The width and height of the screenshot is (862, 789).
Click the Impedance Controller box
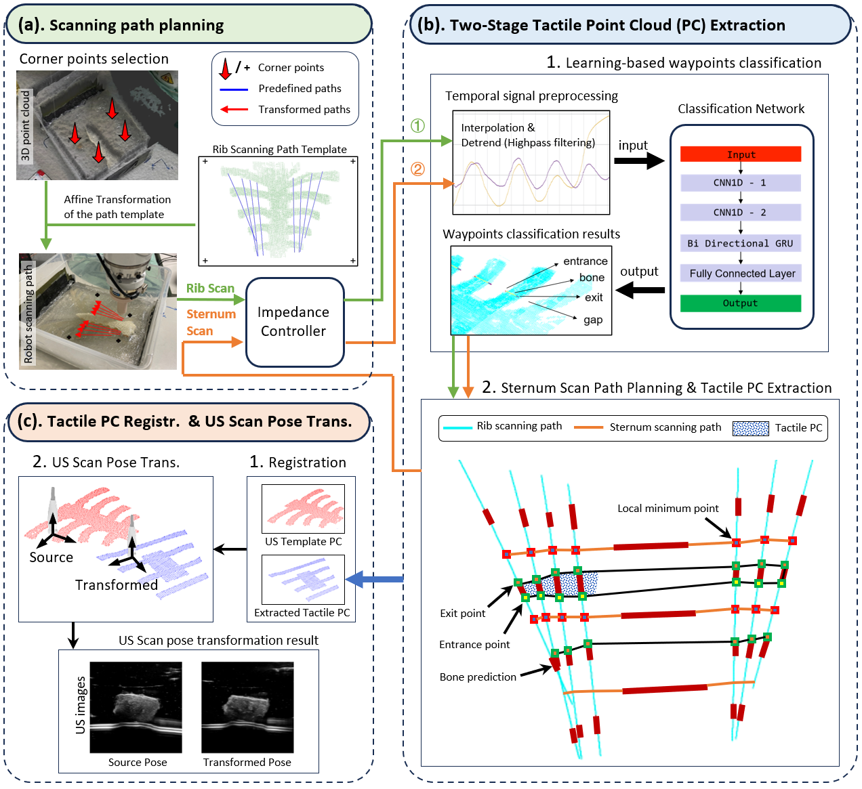click(294, 322)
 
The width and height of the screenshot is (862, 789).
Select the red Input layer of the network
click(740, 154)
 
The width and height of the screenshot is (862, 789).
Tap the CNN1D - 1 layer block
click(740, 183)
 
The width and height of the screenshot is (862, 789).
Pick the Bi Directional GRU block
click(740, 243)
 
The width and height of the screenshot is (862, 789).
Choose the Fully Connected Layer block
click(741, 274)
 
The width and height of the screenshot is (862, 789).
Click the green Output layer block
click(740, 303)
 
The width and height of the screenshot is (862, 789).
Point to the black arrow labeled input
click(638, 161)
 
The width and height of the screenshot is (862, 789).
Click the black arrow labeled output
click(640, 290)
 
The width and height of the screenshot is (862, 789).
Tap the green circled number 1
click(417, 125)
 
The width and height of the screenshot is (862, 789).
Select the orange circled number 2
click(417, 169)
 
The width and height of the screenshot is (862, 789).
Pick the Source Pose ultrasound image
click(136, 707)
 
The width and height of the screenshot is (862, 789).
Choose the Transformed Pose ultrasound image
click(247, 707)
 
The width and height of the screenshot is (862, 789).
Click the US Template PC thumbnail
click(304, 509)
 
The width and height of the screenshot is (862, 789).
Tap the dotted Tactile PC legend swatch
click(751, 428)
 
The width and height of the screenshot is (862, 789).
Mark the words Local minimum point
click(668, 509)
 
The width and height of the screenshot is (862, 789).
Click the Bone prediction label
click(478, 677)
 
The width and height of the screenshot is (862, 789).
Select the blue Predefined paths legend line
click(234, 89)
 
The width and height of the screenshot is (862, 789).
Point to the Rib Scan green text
click(210, 289)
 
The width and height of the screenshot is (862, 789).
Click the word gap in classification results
click(593, 320)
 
